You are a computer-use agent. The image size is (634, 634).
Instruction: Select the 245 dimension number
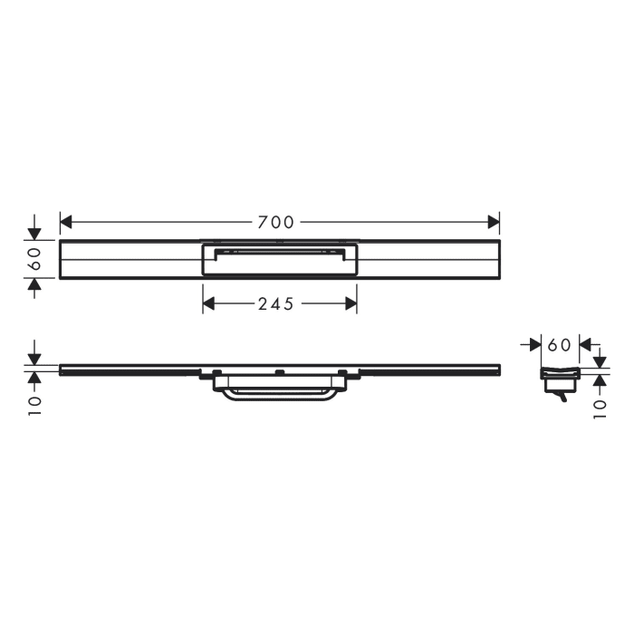click(x=275, y=304)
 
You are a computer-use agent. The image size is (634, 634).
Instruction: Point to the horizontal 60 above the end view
click(x=560, y=345)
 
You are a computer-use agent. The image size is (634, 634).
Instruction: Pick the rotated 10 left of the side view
click(x=34, y=403)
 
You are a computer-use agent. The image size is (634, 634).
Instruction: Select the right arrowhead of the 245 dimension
click(x=351, y=304)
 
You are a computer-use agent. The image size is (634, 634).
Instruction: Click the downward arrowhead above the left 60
click(x=34, y=234)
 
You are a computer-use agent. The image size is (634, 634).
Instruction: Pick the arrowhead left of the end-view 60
click(x=534, y=345)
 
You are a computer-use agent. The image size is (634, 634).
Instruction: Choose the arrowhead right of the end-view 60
click(x=584, y=345)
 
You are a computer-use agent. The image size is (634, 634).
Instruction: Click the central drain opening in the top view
click(x=279, y=260)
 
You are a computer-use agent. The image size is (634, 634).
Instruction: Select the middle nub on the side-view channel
click(x=279, y=372)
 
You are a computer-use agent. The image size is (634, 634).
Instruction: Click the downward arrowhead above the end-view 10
click(x=599, y=361)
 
